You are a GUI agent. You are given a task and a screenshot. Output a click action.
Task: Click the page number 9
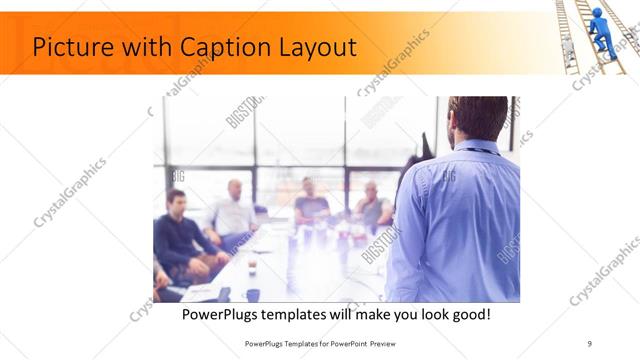[589, 343]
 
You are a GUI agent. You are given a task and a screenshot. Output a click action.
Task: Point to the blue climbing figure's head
[597, 14]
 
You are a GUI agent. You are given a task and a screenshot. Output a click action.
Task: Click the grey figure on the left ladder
[568, 49]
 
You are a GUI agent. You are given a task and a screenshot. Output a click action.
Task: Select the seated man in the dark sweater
[178, 238]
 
